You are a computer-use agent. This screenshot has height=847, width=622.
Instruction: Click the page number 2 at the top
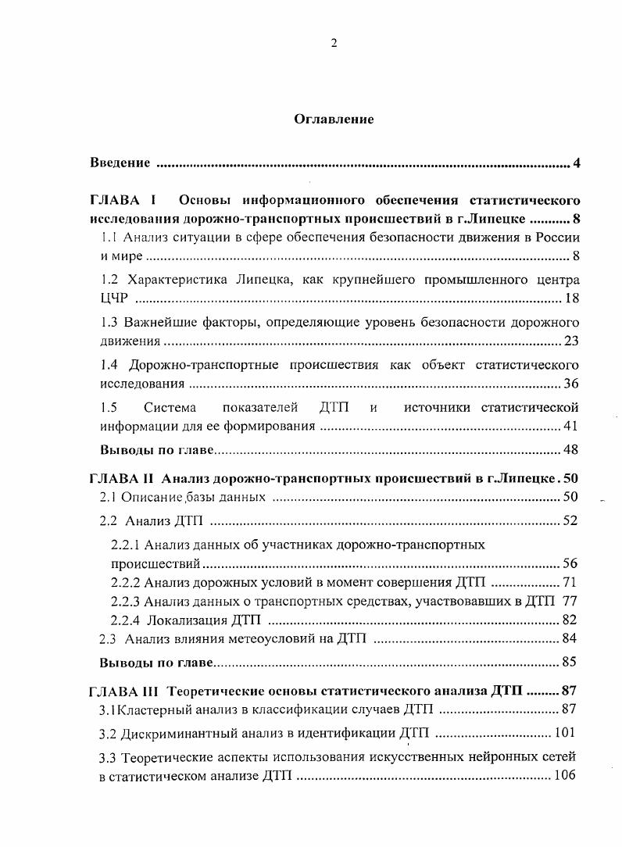tap(334, 45)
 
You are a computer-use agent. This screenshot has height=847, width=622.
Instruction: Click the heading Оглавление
tap(334, 120)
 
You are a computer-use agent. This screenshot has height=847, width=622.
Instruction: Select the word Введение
tap(120, 163)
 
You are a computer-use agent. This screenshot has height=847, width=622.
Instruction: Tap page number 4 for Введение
tap(576, 163)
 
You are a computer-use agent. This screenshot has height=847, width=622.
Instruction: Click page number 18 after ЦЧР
tap(570, 299)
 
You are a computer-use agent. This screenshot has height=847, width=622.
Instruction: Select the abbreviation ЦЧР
tap(113, 300)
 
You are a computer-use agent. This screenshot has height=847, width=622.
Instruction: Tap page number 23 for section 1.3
tap(570, 341)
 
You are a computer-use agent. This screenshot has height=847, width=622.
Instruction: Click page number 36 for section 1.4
tap(570, 384)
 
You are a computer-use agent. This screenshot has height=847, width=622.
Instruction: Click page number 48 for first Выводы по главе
tap(570, 451)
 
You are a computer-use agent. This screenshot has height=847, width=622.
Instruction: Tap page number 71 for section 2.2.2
tap(570, 583)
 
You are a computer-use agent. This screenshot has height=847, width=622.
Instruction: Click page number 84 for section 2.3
tap(570, 639)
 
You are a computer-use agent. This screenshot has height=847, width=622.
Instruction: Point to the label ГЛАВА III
tap(125, 692)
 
